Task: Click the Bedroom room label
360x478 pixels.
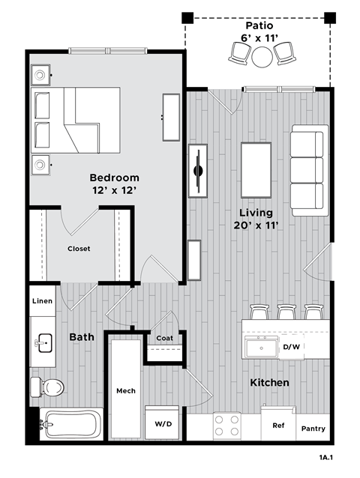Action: click(114, 178)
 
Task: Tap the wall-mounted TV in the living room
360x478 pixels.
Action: click(198, 170)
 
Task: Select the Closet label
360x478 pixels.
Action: click(79, 249)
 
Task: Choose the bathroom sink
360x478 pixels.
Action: click(44, 344)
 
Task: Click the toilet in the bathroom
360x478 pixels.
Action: click(49, 387)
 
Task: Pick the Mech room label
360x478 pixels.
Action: click(124, 391)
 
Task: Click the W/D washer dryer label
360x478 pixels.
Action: click(163, 423)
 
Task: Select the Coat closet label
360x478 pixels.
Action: click(164, 337)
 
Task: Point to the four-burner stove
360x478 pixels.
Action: click(226, 426)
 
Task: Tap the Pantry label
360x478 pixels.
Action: click(313, 429)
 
